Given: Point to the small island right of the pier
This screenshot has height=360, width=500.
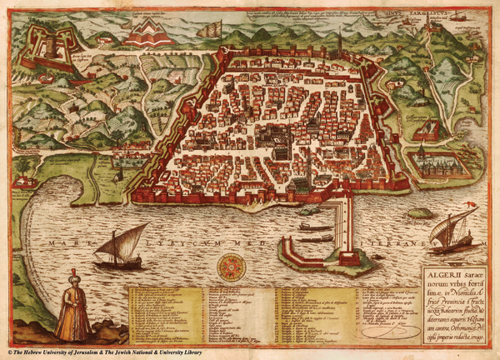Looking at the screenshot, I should [420, 213].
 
